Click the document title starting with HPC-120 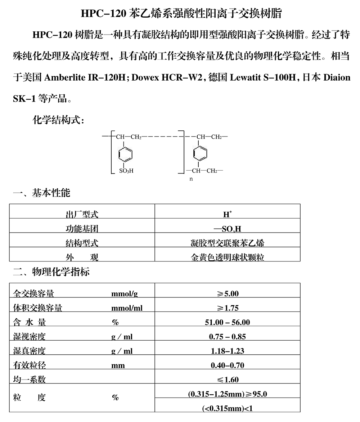coord(181,14)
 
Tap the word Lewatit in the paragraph coord(248,77)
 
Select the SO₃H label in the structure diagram coord(126,171)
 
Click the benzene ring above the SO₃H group coord(125,154)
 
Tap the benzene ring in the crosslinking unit coord(200,154)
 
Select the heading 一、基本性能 coord(42,193)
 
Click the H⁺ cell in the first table coord(227,215)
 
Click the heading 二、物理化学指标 coord(51,271)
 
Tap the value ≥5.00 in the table coord(228,294)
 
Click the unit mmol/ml coord(127,308)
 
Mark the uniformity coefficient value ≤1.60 coord(228,380)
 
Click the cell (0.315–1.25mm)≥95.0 coord(228,394)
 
